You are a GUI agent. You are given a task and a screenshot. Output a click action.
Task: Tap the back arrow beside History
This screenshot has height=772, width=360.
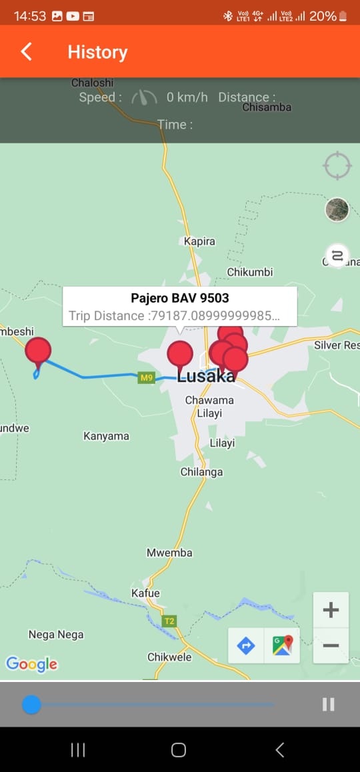pos(27,52)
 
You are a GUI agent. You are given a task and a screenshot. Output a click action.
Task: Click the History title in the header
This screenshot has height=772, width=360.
pos(97,52)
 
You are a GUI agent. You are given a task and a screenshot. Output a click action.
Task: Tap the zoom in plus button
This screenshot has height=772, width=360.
pos(331,610)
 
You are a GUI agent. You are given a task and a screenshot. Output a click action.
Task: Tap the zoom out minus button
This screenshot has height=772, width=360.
pos(331,645)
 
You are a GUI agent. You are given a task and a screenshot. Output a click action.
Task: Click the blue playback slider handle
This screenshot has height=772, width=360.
pos(31,704)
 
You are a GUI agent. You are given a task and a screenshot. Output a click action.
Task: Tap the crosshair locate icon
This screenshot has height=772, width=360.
pos(337,165)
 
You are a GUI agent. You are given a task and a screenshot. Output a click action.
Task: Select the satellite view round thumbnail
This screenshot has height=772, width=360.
pos(337,209)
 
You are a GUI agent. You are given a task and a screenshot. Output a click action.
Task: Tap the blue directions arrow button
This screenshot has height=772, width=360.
pos(246,645)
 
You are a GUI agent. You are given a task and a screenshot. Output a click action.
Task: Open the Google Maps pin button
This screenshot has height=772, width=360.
pos(282,645)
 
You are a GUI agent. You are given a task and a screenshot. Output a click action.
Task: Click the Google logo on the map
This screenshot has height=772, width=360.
pos(31,663)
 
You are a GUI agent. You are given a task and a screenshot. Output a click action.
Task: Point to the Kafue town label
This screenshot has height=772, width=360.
pos(145,593)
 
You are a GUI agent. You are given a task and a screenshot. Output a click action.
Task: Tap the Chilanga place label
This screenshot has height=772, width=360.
pos(201,472)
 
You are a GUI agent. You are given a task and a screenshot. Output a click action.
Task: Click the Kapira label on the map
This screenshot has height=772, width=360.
pos(199,241)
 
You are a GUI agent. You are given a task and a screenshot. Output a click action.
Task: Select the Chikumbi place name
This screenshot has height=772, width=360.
pos(250,272)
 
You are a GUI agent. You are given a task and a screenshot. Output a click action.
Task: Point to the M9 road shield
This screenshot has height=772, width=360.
pos(147,378)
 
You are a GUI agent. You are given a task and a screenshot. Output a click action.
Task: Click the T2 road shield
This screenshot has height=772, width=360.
pos(169,621)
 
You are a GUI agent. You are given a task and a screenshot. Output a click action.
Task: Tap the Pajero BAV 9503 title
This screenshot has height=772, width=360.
pos(180,298)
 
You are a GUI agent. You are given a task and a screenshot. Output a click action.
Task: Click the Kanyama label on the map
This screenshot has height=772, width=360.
pos(106,436)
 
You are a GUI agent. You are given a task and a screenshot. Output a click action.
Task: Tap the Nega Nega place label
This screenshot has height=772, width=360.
pos(56,635)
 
